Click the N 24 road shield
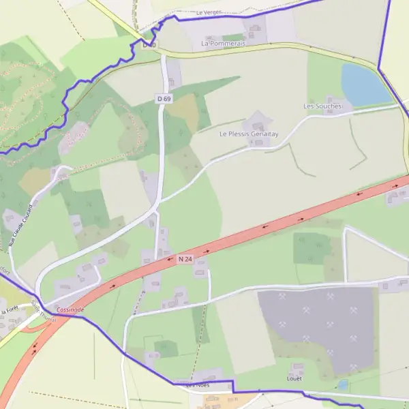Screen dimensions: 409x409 tap(185, 259)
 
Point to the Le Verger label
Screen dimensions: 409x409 tap(209, 12)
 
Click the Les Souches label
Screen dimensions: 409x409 tap(321, 106)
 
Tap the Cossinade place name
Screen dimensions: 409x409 tap(71, 309)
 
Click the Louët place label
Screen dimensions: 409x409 tap(294, 378)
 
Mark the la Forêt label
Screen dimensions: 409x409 tap(9, 311)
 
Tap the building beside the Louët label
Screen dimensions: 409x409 tap(296, 367)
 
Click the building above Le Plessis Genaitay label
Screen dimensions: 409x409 tap(258, 123)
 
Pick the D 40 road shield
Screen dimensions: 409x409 tap(150, 45)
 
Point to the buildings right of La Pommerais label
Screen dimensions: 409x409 tap(254, 30)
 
